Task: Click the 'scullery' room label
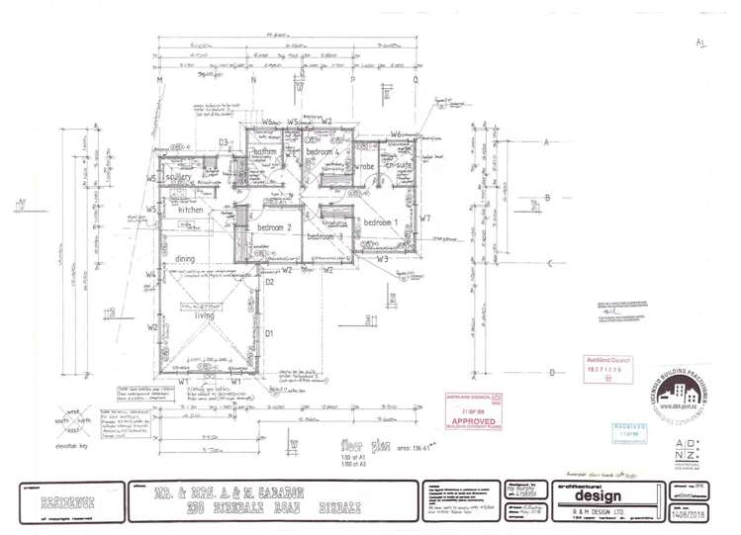pyautogui.click(x=185, y=177)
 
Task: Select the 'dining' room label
pyautogui.click(x=185, y=259)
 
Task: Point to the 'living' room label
pyautogui.click(x=205, y=315)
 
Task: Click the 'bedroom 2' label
pyautogui.click(x=277, y=227)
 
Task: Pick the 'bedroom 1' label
pyautogui.click(x=381, y=223)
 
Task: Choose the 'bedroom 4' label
pyautogui.click(x=323, y=153)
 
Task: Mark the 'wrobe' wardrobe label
pyautogui.click(x=364, y=165)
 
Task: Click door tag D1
pyautogui.click(x=268, y=333)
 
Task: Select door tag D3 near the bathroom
pyautogui.click(x=225, y=143)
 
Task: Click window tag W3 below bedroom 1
pyautogui.click(x=396, y=259)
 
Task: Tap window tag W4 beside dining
pyautogui.click(x=151, y=275)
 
